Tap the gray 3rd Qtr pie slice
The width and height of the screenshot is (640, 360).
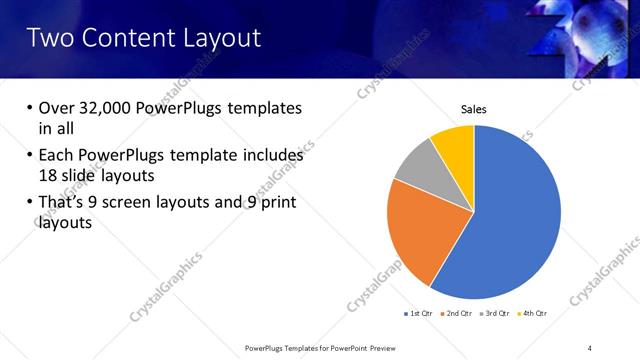(418, 164)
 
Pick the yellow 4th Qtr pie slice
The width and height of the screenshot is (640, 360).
(455, 143)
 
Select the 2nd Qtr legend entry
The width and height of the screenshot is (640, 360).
(458, 313)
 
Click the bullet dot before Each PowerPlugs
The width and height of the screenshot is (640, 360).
(29, 156)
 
